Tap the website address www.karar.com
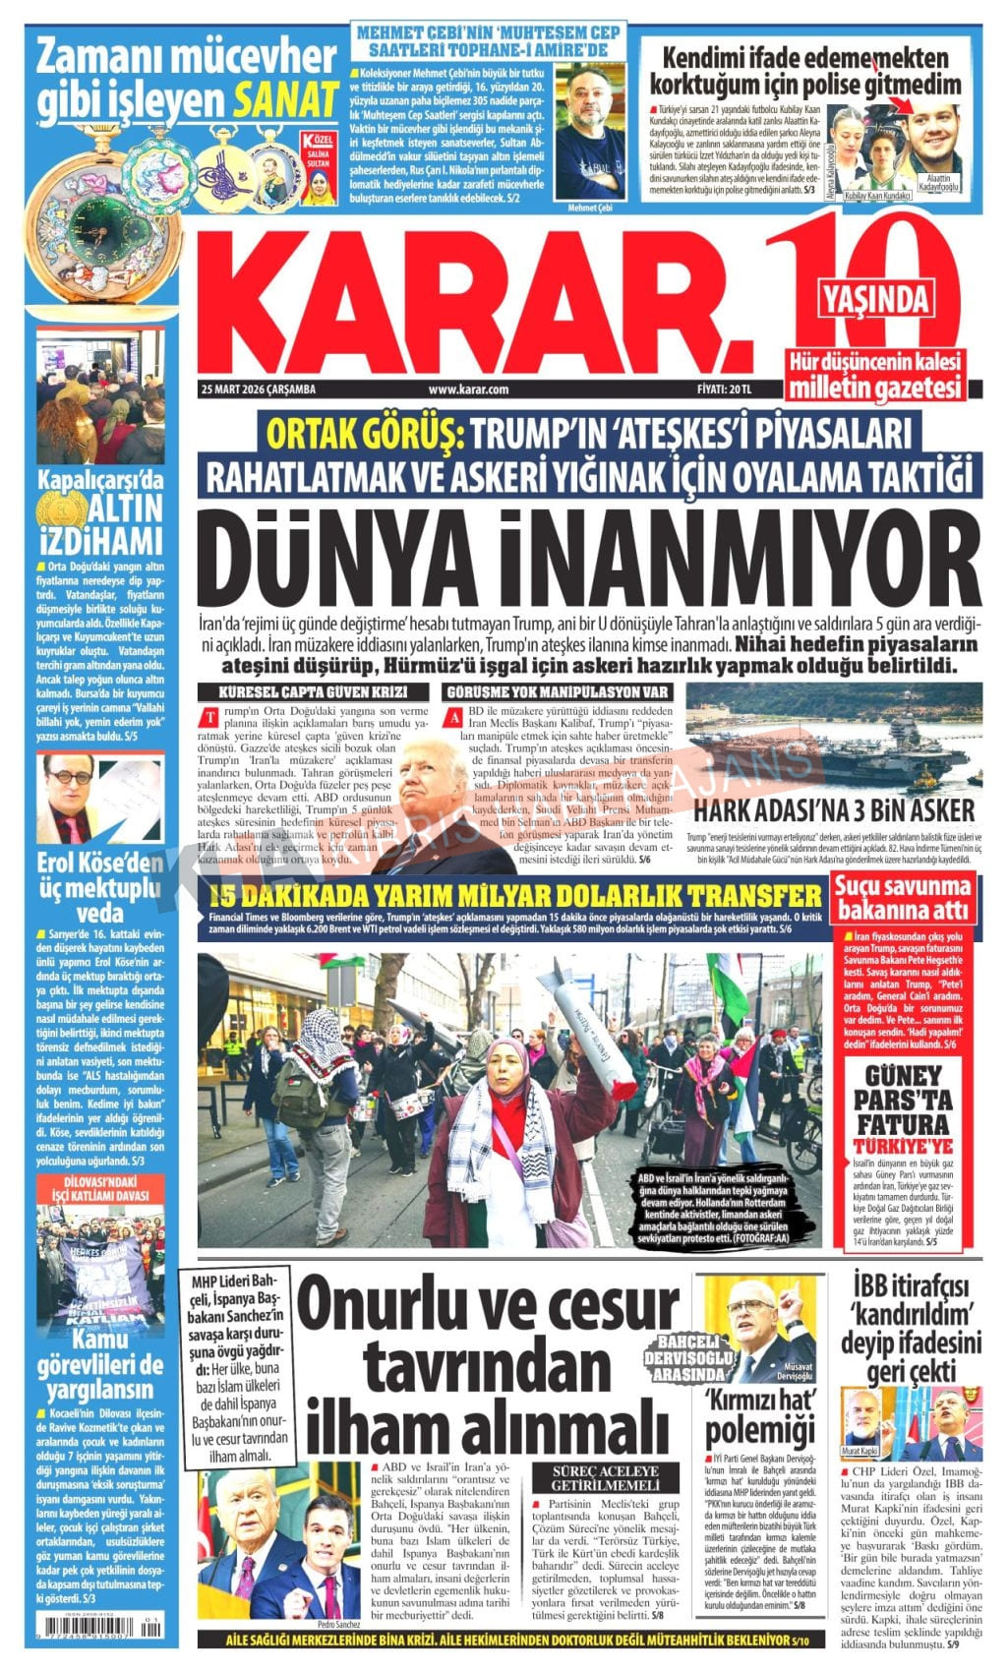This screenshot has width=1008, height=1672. (468, 389)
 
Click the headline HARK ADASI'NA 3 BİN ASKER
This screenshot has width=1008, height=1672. (834, 810)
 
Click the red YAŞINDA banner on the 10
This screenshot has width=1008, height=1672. (875, 296)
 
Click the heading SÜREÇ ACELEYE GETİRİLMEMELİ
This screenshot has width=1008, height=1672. (604, 1476)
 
